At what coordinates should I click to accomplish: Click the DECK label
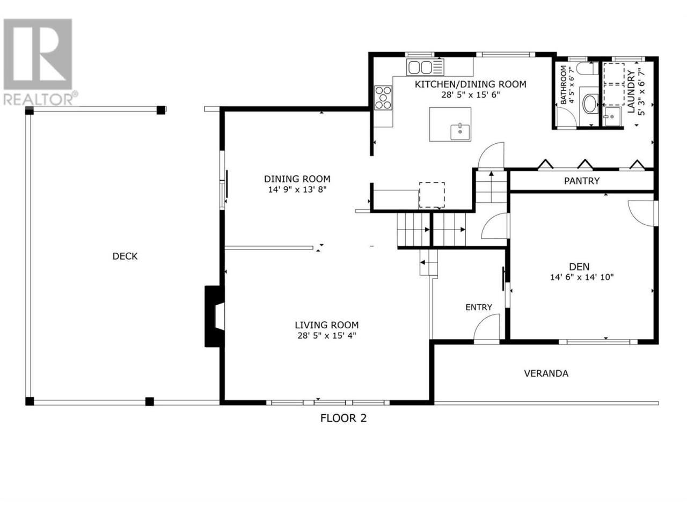[x=125, y=256]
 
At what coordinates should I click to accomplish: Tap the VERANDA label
[x=546, y=373]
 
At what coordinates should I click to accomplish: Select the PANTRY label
[x=581, y=181]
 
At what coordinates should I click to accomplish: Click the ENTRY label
[x=479, y=307]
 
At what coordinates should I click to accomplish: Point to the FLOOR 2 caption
[x=343, y=418]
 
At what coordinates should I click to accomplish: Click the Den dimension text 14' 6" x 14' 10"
[x=582, y=277]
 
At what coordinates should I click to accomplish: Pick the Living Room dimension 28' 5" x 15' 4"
[x=327, y=335]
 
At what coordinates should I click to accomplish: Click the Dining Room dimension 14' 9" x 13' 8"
[x=297, y=189]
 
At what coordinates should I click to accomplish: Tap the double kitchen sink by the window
[x=425, y=67]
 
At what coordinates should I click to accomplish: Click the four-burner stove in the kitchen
[x=383, y=98]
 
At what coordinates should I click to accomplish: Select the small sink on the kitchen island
[x=461, y=132]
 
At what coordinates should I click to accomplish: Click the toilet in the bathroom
[x=586, y=69]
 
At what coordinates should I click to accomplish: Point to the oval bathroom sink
[x=591, y=104]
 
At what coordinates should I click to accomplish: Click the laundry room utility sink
[x=613, y=116]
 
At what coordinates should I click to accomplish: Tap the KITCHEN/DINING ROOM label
[x=470, y=84]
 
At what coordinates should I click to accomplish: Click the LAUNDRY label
[x=631, y=92]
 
